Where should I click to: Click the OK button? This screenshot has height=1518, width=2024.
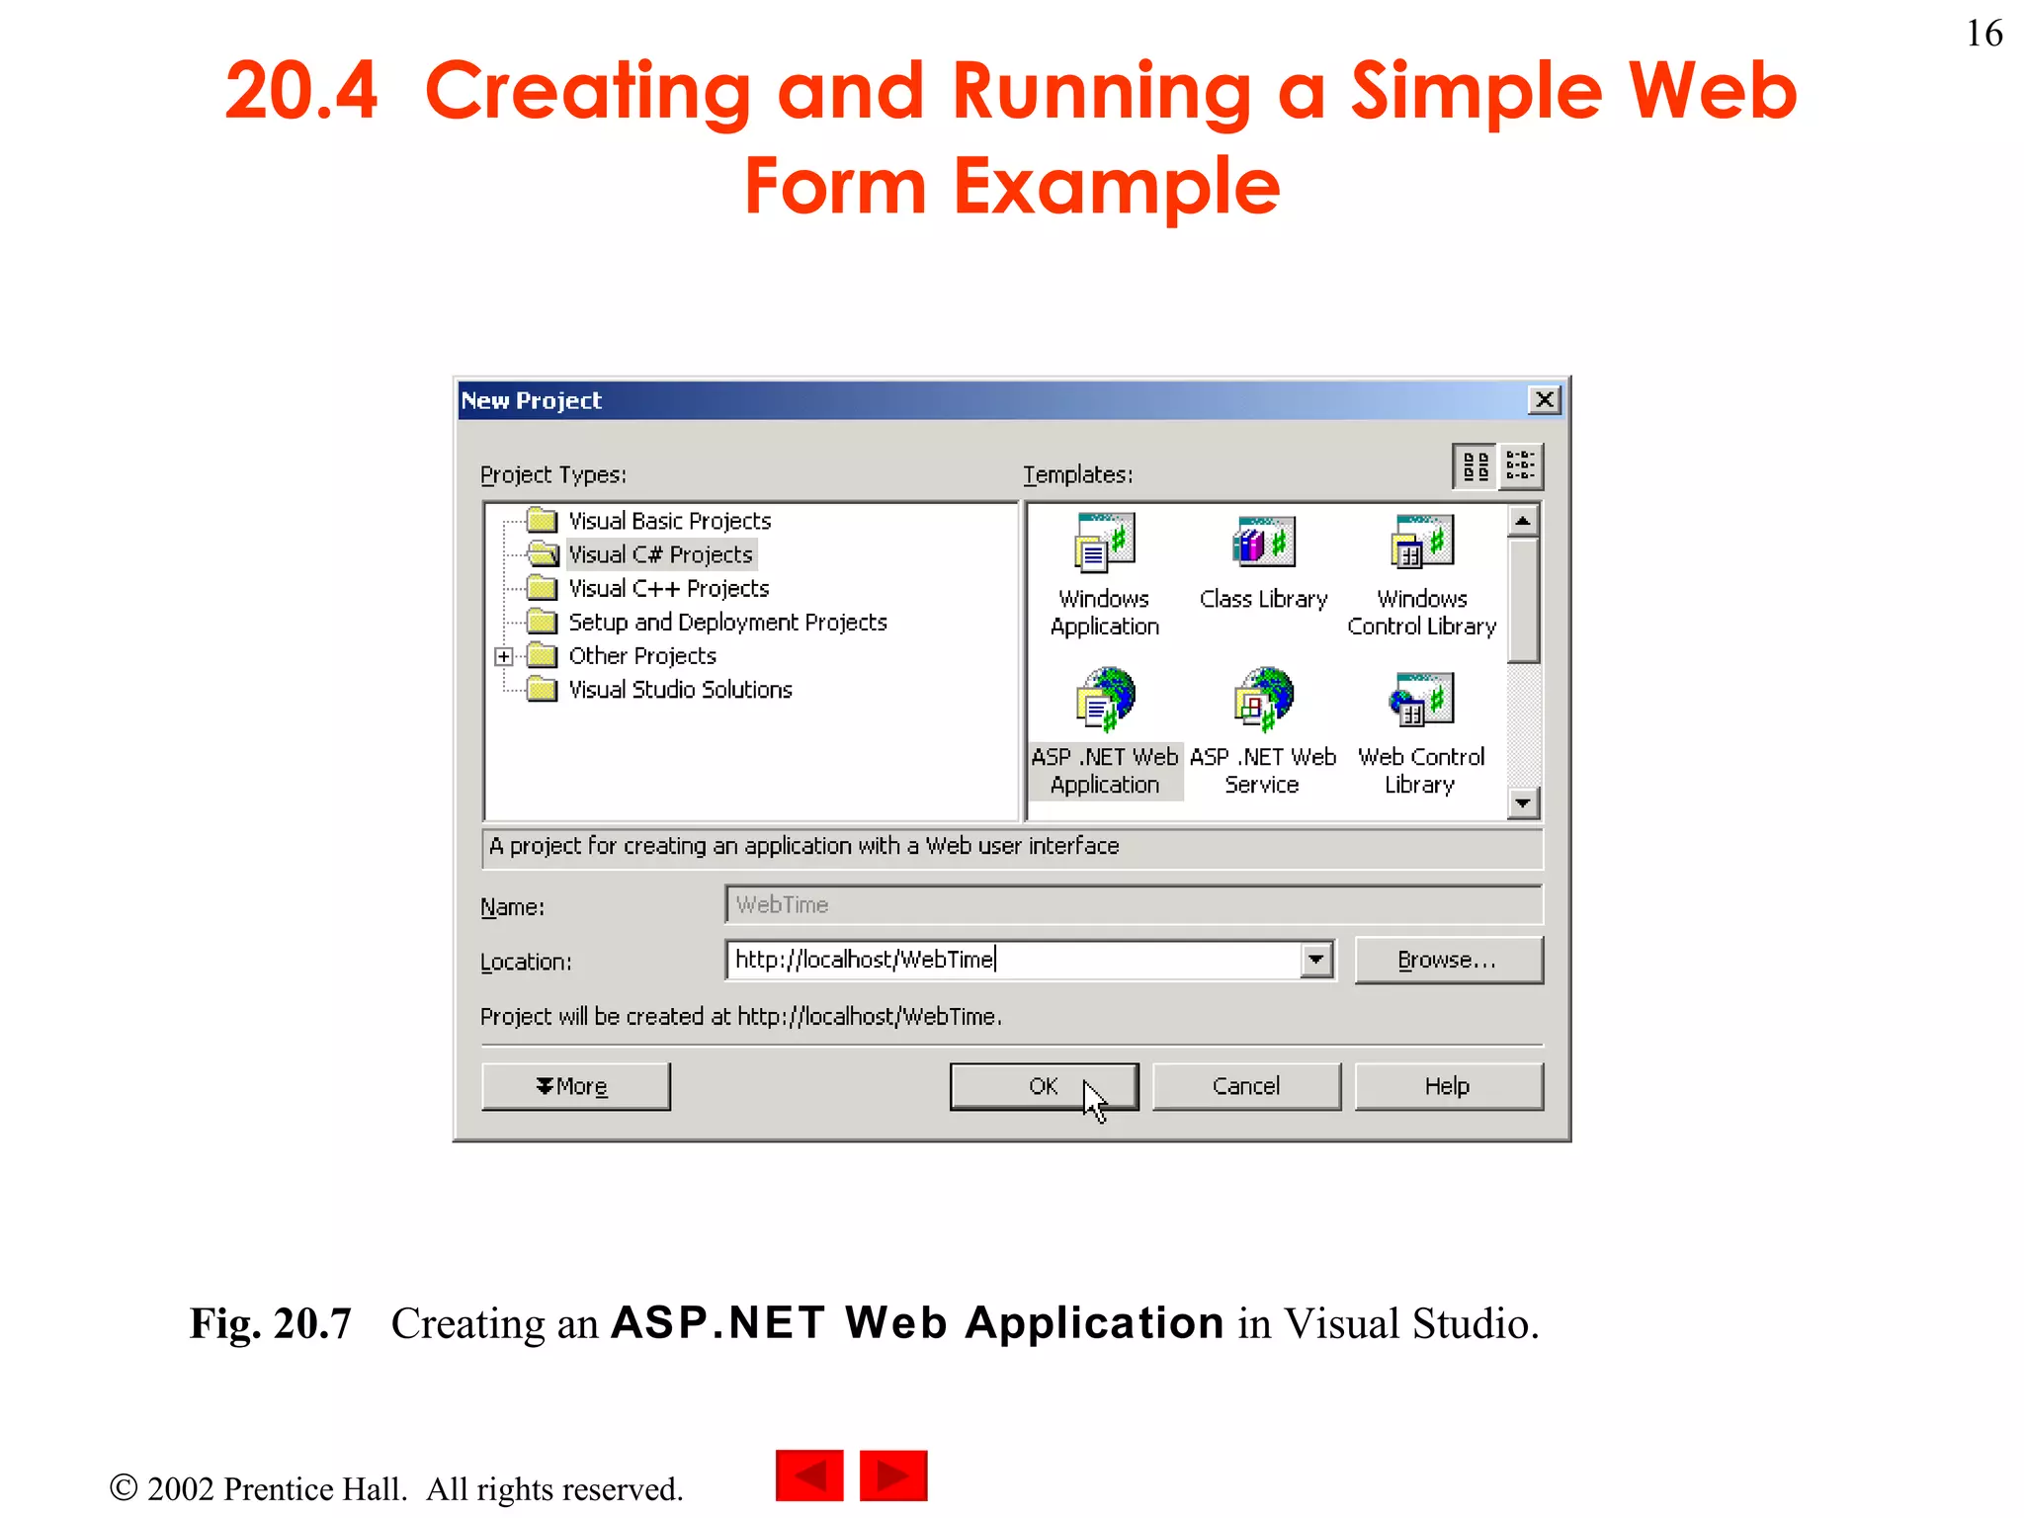[1043, 1086]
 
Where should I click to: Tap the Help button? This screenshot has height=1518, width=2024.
[1447, 1086]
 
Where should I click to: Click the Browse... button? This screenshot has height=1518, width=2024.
[1447, 960]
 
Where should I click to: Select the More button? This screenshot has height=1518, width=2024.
[574, 1086]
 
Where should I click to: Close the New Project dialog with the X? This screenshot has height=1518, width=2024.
[1544, 400]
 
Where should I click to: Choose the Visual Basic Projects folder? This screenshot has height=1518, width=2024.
[669, 521]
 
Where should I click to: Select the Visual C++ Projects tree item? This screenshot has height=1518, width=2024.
[668, 589]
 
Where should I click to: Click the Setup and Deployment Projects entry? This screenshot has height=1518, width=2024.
[726, 623]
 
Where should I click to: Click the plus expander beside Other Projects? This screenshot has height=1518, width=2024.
[504, 656]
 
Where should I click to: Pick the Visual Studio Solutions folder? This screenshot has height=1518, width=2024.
[680, 690]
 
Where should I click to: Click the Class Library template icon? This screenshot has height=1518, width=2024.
[1263, 543]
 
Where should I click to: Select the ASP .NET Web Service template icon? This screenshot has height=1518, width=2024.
[1263, 698]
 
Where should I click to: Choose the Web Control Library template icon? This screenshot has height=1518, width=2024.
[1421, 698]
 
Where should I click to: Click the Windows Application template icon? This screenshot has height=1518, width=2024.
[1105, 543]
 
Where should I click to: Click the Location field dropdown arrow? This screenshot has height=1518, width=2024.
[1315, 960]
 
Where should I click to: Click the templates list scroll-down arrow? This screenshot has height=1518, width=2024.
[1523, 803]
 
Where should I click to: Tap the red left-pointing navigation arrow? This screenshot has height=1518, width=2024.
[809, 1476]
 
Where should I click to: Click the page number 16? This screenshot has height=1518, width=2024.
[1983, 34]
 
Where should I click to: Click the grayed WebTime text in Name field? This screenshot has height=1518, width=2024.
[782, 905]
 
